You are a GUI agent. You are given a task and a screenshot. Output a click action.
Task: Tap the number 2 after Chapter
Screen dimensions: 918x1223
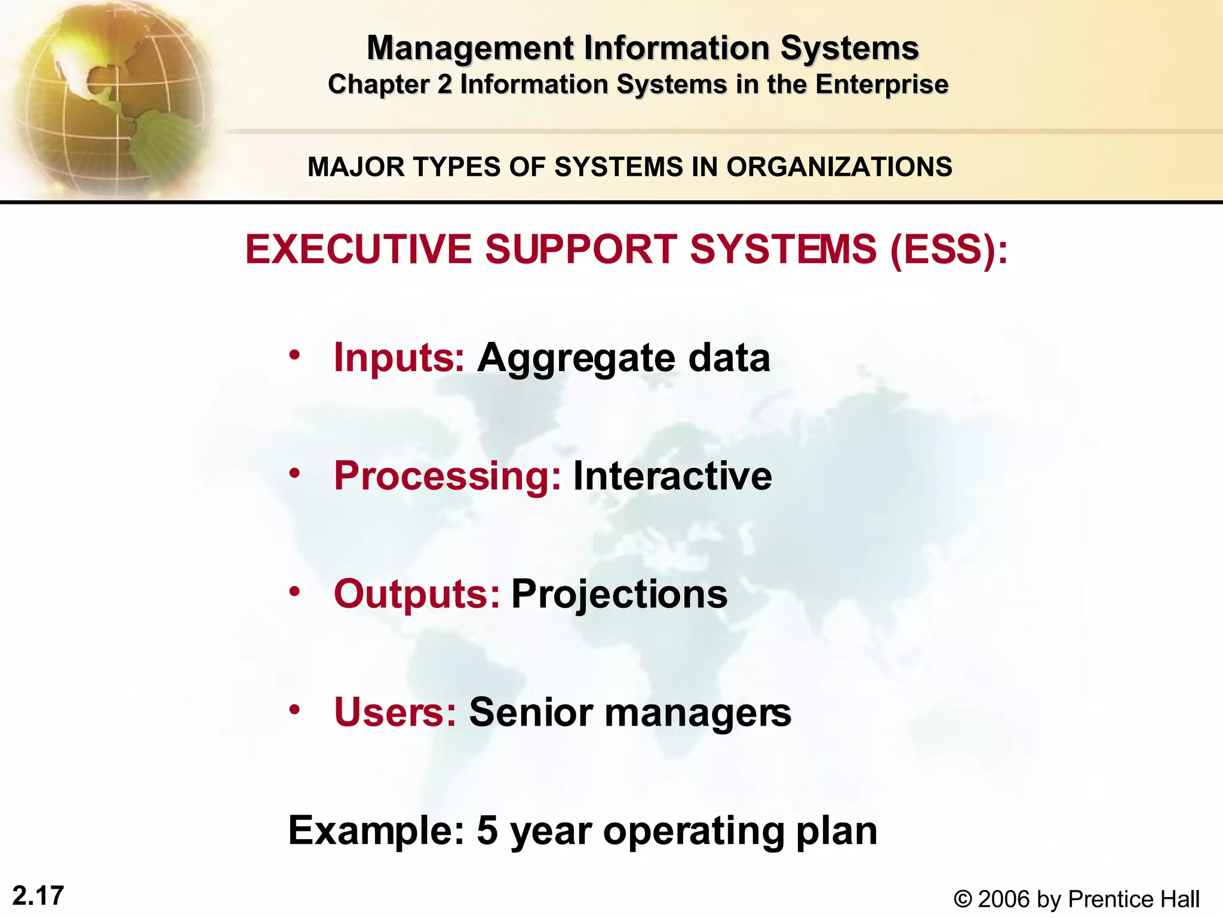pos(444,84)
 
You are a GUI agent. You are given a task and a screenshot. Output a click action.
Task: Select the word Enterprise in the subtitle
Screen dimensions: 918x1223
pos(881,84)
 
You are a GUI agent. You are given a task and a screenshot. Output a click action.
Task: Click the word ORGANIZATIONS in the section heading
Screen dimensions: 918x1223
pos(839,167)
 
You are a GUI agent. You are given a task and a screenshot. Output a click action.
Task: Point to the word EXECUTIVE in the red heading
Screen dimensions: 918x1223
pos(358,249)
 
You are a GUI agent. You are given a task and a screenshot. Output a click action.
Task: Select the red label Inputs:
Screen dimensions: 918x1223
pos(398,357)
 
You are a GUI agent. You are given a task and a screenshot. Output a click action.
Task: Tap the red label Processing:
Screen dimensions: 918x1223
pos(447,476)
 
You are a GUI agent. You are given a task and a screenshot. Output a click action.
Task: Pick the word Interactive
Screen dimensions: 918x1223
pos(672,476)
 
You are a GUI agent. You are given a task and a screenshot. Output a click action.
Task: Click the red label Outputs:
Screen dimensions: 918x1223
pos(416,594)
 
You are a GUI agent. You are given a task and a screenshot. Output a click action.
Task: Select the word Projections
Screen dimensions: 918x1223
pos(619,595)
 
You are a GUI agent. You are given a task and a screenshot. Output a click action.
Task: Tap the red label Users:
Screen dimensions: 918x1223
pos(395,712)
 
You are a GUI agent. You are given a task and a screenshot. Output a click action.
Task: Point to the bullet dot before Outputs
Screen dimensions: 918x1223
pos(294,592)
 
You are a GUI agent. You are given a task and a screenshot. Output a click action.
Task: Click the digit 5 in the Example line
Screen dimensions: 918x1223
pos(487,830)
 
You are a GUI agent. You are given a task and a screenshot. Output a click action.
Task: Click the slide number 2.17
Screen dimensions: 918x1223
pos(38,896)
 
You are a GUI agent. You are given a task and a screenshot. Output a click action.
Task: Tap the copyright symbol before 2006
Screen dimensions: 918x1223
pos(962,899)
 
